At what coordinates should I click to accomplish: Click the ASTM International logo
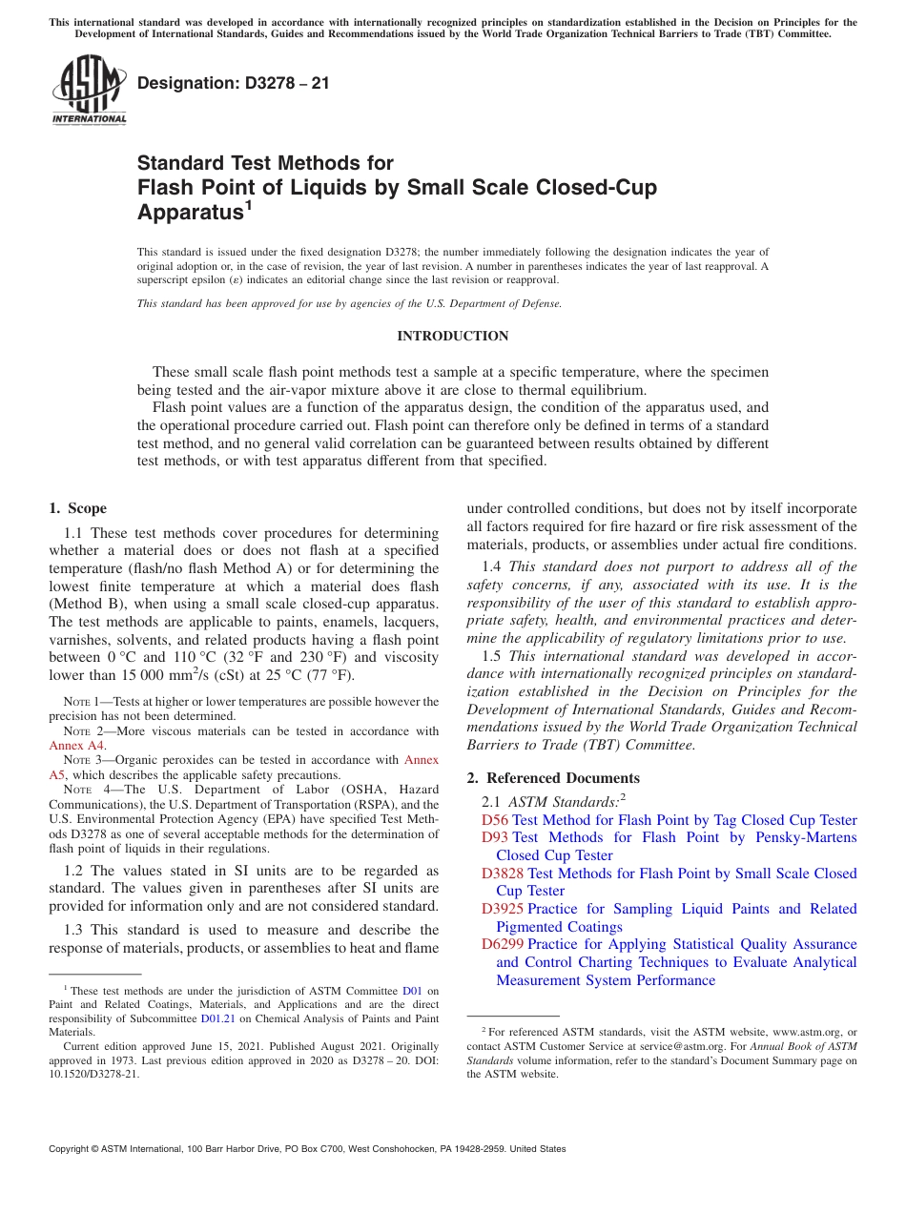88,91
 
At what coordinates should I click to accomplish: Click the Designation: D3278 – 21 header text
233,83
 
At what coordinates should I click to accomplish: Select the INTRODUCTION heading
452,336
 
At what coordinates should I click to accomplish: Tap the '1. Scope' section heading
77,508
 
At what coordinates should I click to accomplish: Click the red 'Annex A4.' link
77,746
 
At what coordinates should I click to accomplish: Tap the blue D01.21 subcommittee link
220,1018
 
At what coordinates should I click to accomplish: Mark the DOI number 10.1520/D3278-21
94,1073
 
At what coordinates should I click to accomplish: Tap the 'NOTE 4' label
83,790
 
